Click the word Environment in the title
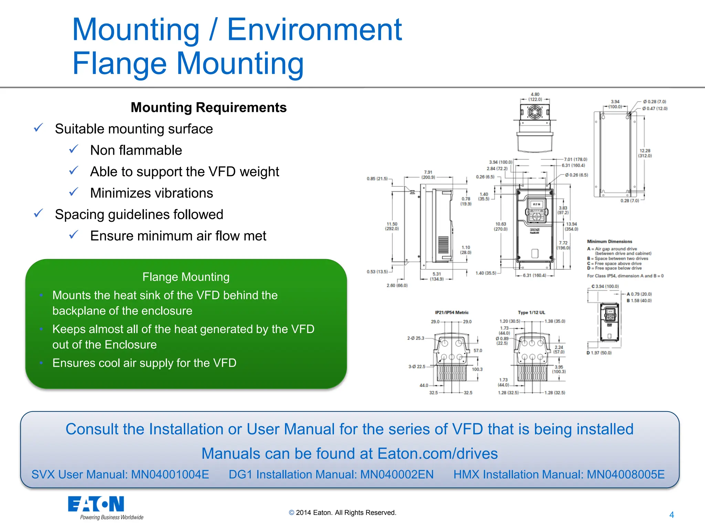coord(314,30)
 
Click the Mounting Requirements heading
coord(209,107)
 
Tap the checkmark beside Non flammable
coord(74,149)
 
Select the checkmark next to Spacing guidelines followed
coord(38,214)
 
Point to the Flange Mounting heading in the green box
coord(186,277)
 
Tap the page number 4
coord(671,515)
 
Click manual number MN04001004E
coord(170,475)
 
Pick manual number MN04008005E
coord(625,475)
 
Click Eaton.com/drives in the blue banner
coord(438,454)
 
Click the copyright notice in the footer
coord(343,513)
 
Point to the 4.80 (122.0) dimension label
coord(535,97)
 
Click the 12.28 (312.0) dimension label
coord(645,153)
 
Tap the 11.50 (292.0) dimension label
coord(392,226)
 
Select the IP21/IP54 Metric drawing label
coord(452,313)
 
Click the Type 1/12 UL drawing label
coord(532,313)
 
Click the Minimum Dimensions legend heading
coord(609,241)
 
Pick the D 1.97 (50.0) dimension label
coord(599,353)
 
